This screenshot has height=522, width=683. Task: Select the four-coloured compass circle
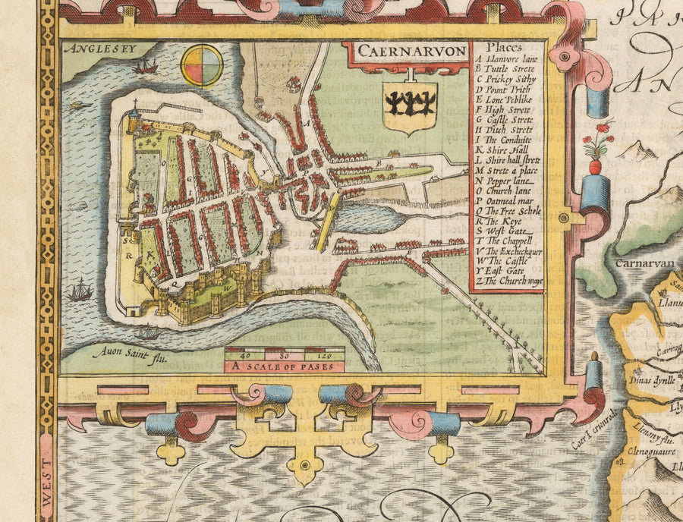click(x=202, y=66)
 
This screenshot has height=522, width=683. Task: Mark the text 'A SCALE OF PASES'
click(x=285, y=366)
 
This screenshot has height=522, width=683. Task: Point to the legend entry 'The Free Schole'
click(x=508, y=210)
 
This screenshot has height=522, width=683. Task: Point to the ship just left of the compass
click(x=143, y=68)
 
